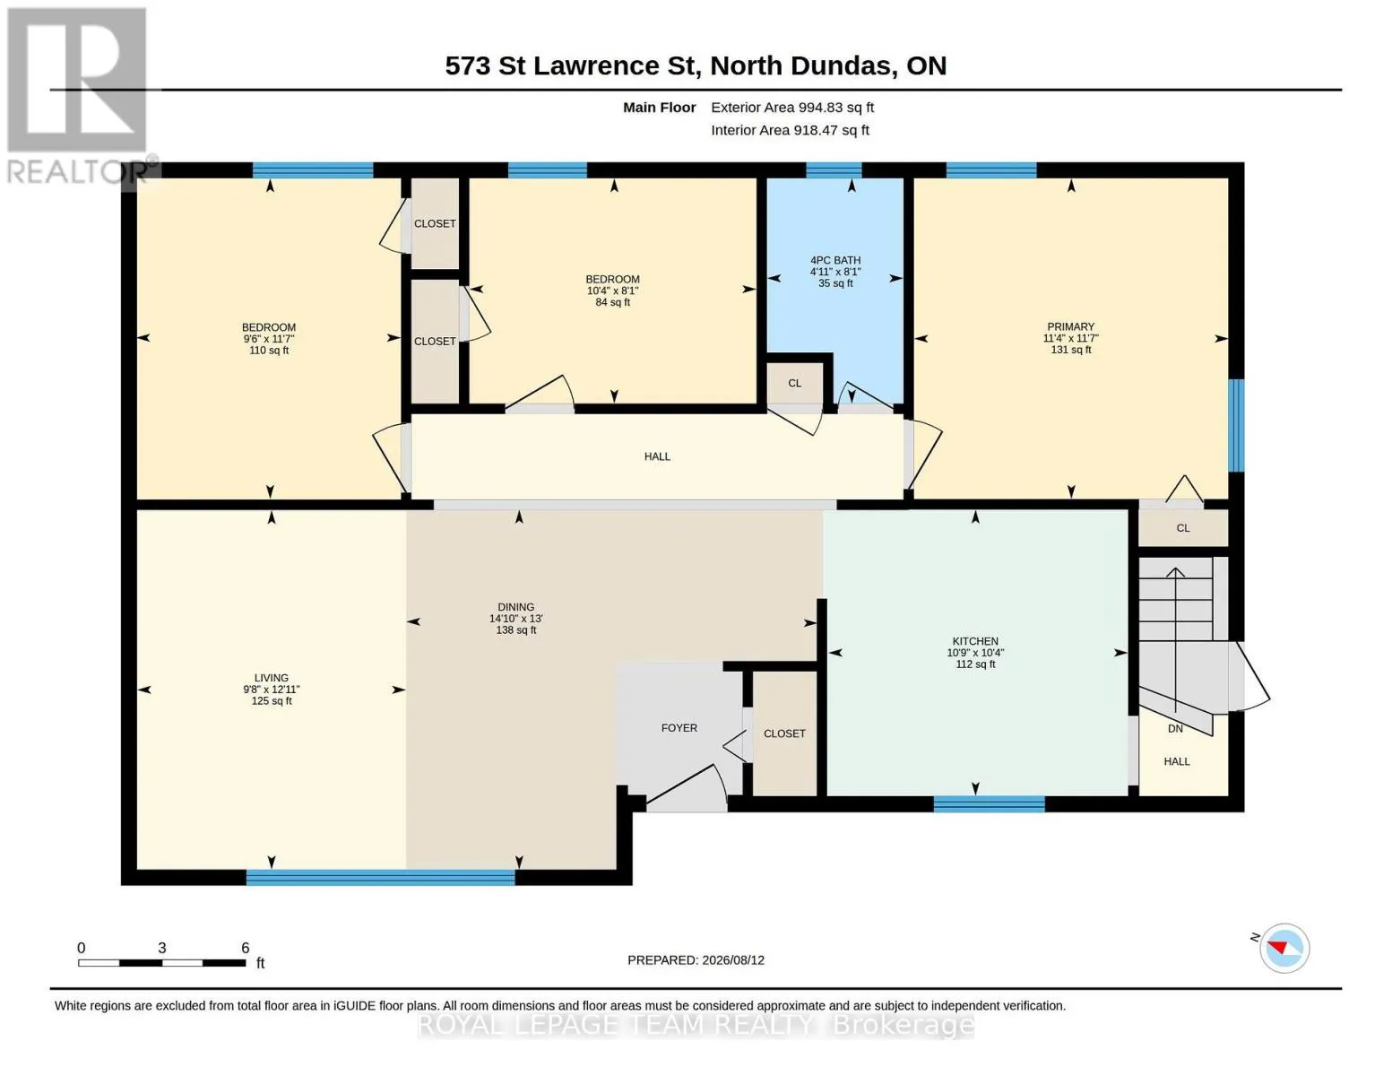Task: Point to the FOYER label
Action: (x=679, y=728)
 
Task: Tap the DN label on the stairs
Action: (x=1175, y=729)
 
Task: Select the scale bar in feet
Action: (x=162, y=962)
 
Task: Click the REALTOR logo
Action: (x=81, y=96)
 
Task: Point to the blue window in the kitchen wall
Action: (x=989, y=803)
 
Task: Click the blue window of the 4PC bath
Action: (x=834, y=169)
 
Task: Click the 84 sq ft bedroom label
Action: (x=612, y=291)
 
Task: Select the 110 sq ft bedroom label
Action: (x=268, y=338)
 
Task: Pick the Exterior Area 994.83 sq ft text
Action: (x=792, y=108)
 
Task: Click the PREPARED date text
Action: (x=696, y=960)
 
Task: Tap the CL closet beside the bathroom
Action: (x=794, y=383)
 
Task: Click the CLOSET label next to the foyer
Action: (x=784, y=733)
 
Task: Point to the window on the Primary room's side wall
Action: (x=1236, y=426)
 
